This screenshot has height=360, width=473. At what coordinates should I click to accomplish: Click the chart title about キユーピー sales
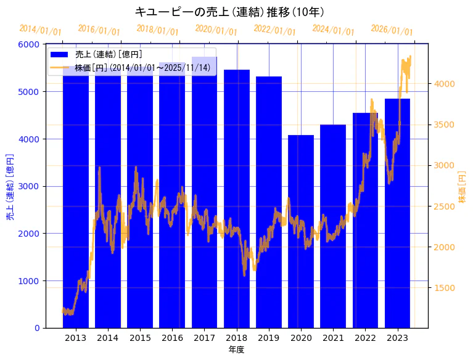(x=229, y=12)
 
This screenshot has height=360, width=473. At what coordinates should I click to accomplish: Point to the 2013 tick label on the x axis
(x=75, y=338)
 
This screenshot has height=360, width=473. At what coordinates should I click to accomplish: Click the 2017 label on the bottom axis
(x=204, y=338)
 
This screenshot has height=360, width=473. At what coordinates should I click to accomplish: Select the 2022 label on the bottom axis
(x=365, y=338)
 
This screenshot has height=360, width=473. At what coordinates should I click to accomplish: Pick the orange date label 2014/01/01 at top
(x=41, y=30)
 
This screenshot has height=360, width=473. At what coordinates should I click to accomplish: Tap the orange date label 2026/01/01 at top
(x=392, y=30)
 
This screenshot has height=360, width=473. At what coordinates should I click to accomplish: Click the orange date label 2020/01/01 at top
(x=216, y=30)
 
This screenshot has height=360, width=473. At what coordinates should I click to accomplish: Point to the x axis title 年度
(x=236, y=350)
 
